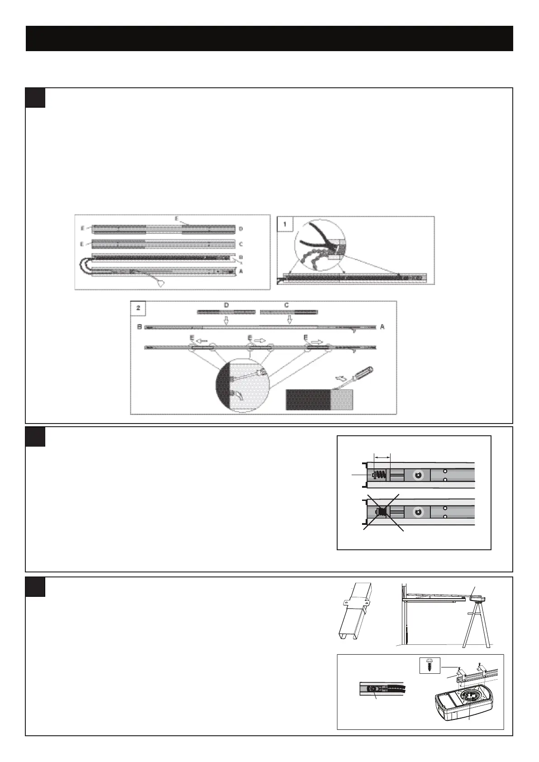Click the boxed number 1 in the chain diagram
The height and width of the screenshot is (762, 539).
(x=284, y=224)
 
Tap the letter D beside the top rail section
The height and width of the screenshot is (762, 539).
(x=241, y=229)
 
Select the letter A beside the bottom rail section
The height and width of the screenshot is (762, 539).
(x=241, y=271)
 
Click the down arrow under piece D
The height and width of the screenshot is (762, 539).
(x=226, y=320)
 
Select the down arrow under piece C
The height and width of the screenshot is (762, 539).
(x=290, y=320)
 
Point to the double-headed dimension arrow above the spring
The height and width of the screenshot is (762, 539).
(x=381, y=457)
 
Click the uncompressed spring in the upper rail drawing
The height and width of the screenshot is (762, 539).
(x=381, y=475)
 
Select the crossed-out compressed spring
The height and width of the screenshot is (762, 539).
(x=383, y=512)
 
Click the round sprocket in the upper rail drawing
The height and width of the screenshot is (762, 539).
(x=417, y=475)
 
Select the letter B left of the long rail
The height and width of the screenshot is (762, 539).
(x=139, y=327)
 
